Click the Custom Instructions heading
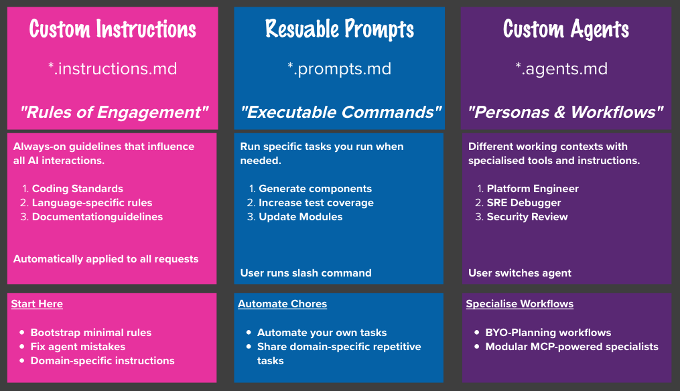click(x=113, y=29)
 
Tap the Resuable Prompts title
click(x=339, y=29)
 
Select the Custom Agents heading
click(x=566, y=29)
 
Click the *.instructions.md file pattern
click(x=113, y=68)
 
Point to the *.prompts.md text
click(x=339, y=68)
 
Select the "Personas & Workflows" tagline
click(x=566, y=112)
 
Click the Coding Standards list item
click(x=78, y=189)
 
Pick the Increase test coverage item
click(x=316, y=203)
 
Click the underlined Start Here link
click(x=37, y=304)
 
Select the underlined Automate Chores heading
click(x=282, y=304)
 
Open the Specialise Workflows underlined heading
click(x=520, y=304)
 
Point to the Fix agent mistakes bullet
click(x=78, y=347)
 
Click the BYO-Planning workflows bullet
click(x=548, y=333)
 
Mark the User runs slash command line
click(x=305, y=272)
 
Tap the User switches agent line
click(x=520, y=272)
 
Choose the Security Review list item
click(x=527, y=217)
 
